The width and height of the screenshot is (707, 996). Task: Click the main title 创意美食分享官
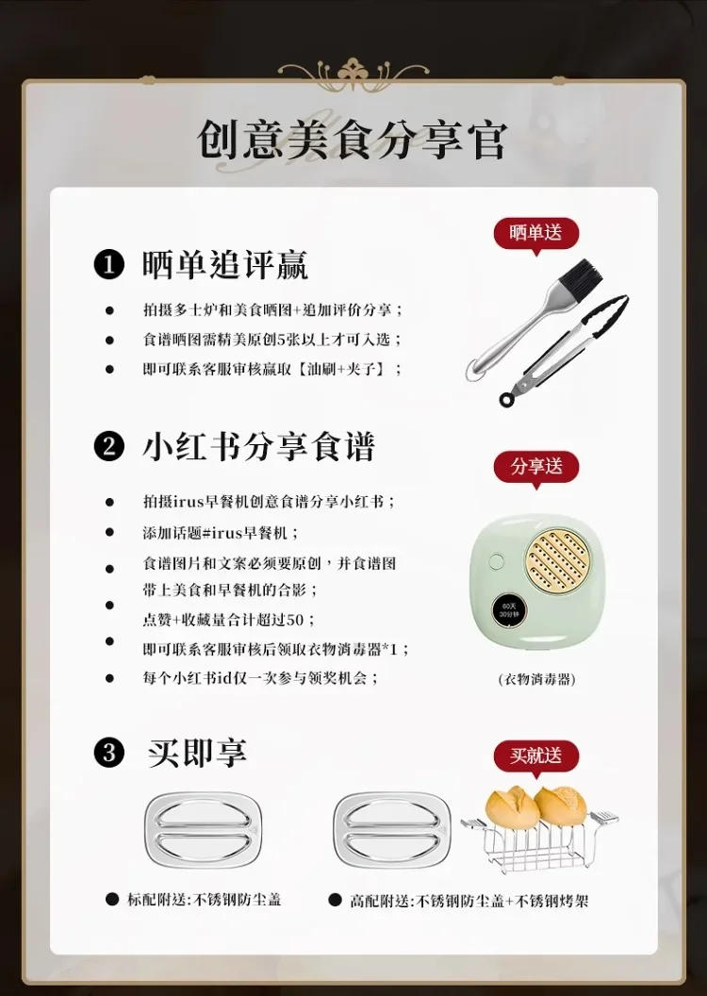tap(353, 140)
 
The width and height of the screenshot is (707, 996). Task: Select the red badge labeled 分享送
tap(535, 467)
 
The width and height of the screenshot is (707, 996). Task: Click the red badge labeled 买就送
tap(535, 755)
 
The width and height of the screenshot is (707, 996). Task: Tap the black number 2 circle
tap(108, 446)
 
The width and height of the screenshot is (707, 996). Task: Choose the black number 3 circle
tap(108, 753)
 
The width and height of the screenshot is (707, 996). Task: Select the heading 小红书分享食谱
tap(258, 446)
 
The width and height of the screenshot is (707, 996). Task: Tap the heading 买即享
tap(197, 753)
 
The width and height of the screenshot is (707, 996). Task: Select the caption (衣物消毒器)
tap(535, 679)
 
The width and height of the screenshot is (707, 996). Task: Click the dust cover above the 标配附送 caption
tap(203, 830)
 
